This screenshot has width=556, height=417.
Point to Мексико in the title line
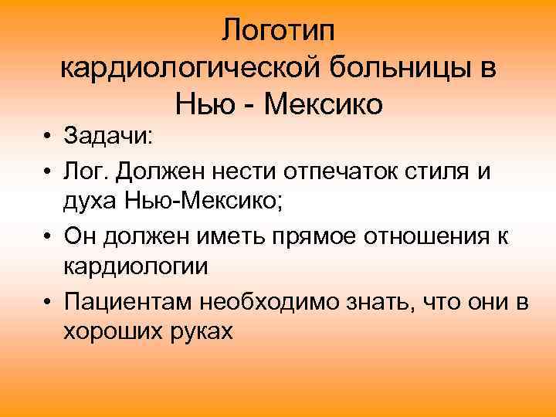(323, 103)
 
